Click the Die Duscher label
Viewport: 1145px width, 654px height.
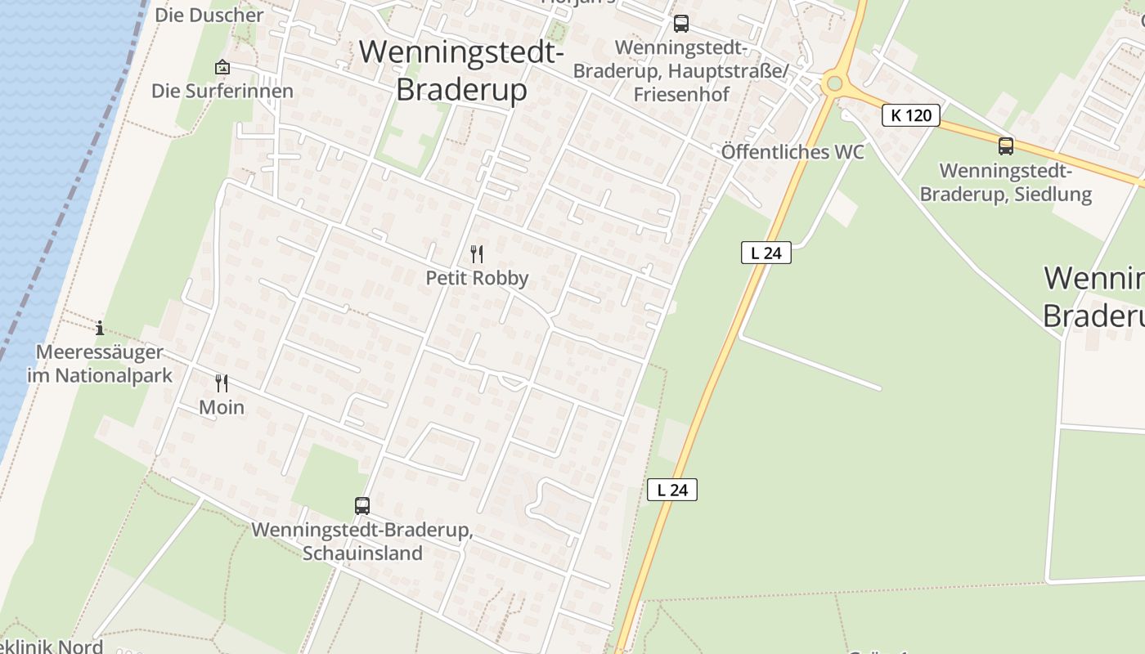click(209, 15)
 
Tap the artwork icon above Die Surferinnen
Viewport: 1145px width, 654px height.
click(222, 67)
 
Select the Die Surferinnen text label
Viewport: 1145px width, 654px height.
click(222, 91)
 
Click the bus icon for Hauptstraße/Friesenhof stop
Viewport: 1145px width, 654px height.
click(681, 24)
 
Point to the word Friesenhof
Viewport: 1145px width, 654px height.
click(681, 94)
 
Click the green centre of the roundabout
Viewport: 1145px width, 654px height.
click(833, 83)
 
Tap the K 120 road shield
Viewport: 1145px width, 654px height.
click(911, 115)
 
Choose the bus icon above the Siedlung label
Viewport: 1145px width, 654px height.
click(1006, 146)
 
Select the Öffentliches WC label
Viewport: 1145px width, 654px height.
click(792, 152)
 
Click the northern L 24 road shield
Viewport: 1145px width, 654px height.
click(766, 253)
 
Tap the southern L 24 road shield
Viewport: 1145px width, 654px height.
click(672, 490)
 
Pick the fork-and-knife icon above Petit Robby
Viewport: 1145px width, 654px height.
click(477, 254)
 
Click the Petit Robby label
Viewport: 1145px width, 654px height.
click(477, 278)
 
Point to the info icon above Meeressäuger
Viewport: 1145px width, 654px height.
click(100, 329)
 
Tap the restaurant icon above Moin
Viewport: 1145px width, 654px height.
click(222, 383)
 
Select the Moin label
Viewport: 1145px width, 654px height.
click(222, 407)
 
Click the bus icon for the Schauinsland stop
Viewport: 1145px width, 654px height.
click(362, 506)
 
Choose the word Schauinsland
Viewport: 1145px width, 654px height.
click(362, 553)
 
